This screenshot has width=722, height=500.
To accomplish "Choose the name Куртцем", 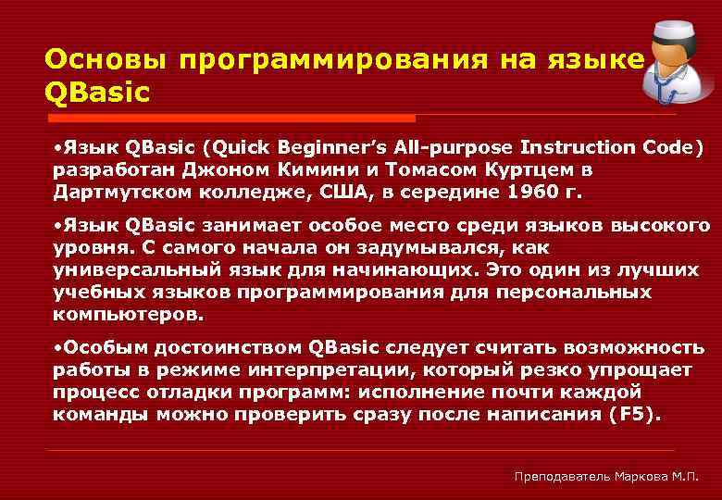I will pos(519,170).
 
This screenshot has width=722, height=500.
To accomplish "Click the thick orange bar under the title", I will pos(230,119).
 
